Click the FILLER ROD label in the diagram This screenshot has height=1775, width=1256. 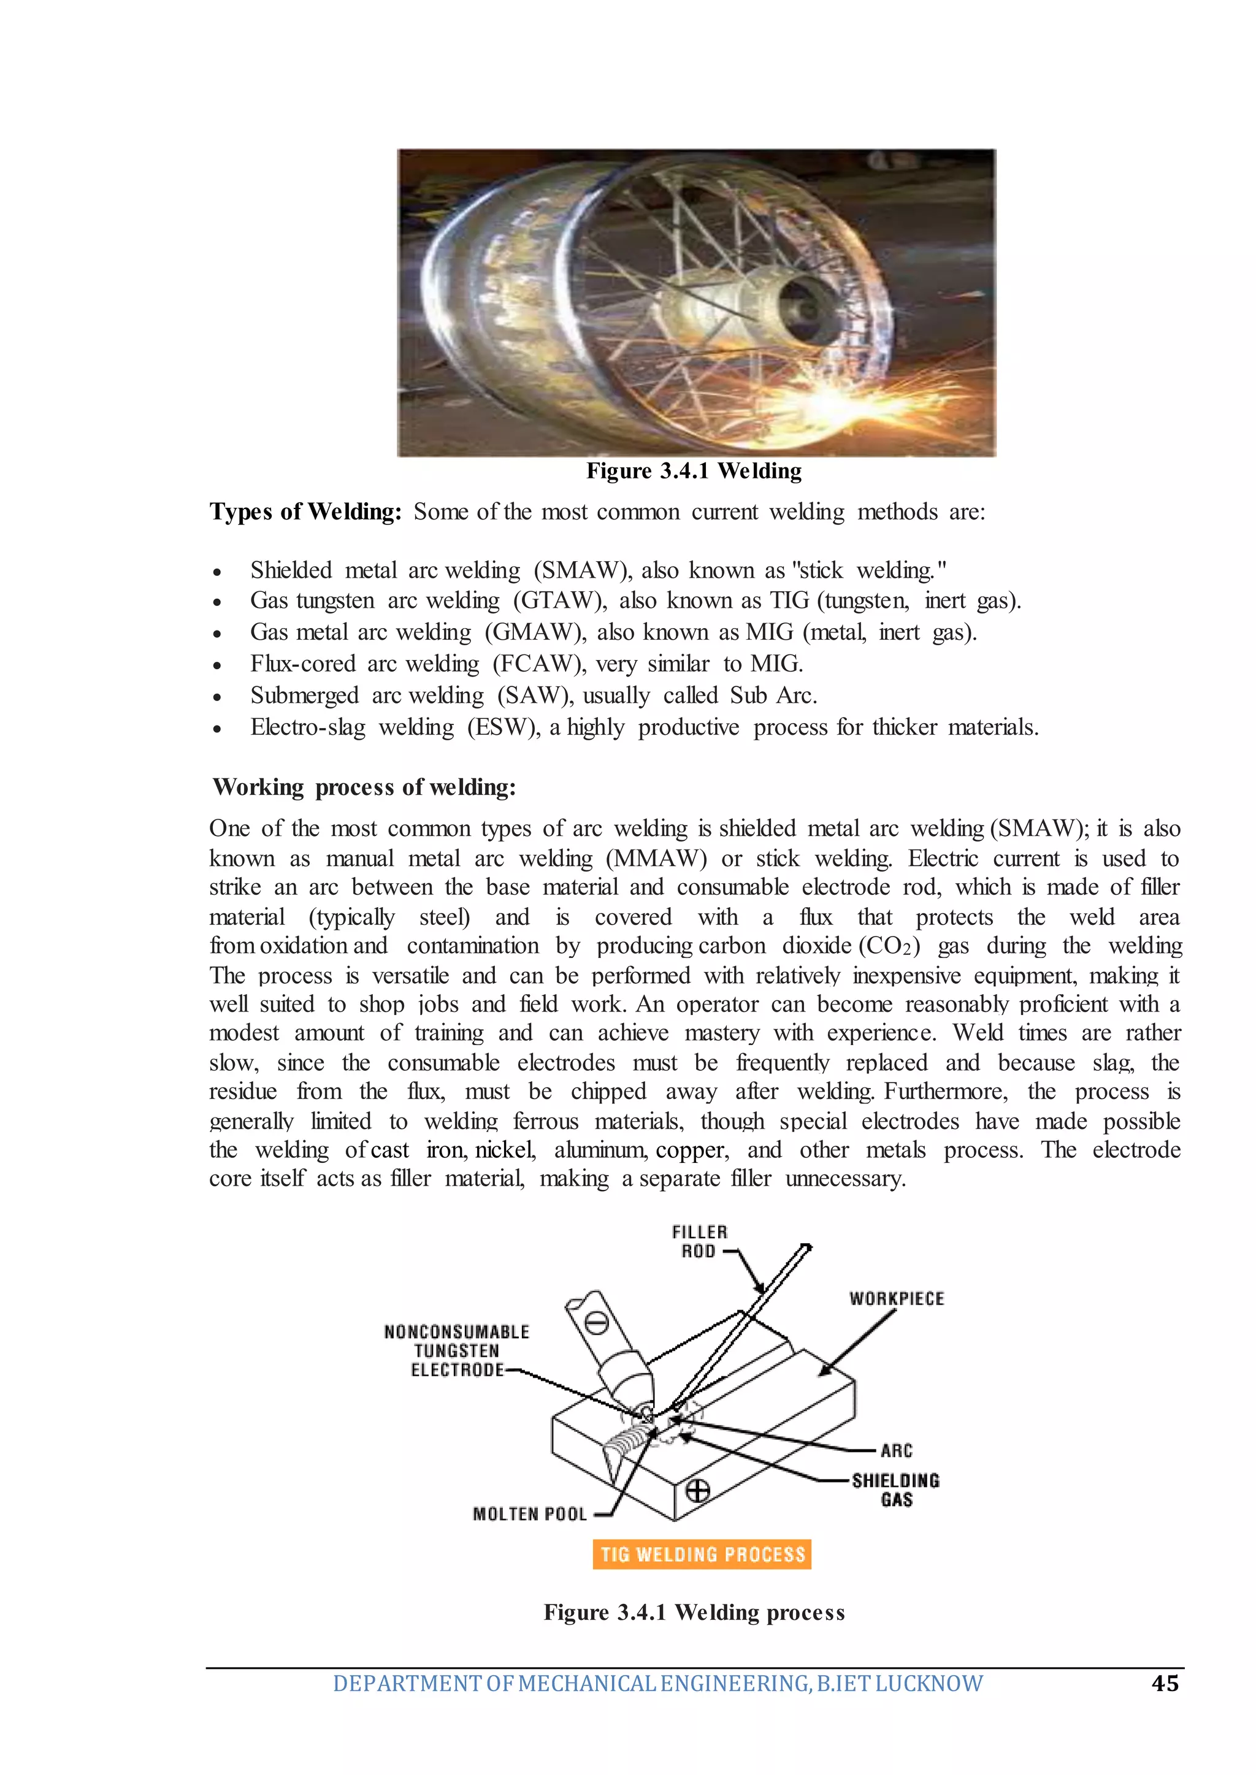point(699,1241)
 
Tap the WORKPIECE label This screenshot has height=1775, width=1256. point(897,1298)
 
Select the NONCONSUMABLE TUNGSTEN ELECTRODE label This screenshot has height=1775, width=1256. point(456,1351)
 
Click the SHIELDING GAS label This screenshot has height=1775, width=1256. point(895,1490)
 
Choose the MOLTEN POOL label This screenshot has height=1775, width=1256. point(530,1514)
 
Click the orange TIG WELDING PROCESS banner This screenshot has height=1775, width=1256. point(702,1554)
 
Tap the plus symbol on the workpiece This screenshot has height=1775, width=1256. point(697,1490)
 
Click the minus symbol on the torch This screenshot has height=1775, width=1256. point(595,1324)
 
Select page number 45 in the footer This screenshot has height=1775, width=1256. point(1165,1683)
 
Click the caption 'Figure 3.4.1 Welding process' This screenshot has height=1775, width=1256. point(694,1612)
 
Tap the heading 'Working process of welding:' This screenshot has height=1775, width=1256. point(364,788)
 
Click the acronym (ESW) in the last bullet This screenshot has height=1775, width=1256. point(504,727)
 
